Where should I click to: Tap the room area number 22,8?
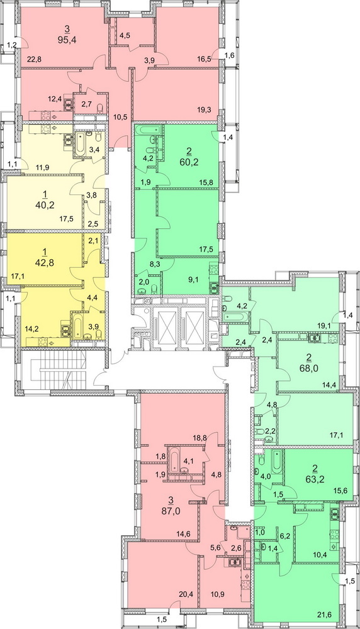pos(35,60)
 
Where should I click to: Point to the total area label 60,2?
pos(189,162)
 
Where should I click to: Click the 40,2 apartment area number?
pos(45,206)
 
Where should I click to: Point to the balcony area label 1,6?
pos(230,56)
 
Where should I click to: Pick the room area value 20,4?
pos(186,594)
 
